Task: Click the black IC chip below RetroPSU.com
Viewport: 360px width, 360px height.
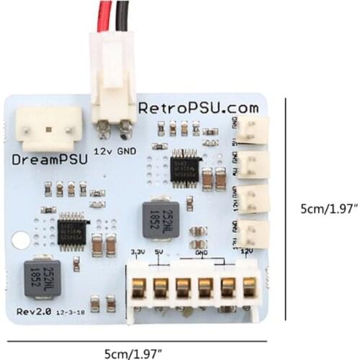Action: point(186,165)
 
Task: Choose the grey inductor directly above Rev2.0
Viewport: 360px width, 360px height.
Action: point(41,276)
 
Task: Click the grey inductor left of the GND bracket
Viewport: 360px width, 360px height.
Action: point(160,217)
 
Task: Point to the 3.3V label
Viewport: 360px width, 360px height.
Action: point(138,252)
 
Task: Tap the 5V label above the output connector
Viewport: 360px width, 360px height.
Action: point(158,252)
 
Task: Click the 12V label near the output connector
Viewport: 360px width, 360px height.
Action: point(246,252)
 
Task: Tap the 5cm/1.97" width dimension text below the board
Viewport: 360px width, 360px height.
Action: point(132,352)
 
